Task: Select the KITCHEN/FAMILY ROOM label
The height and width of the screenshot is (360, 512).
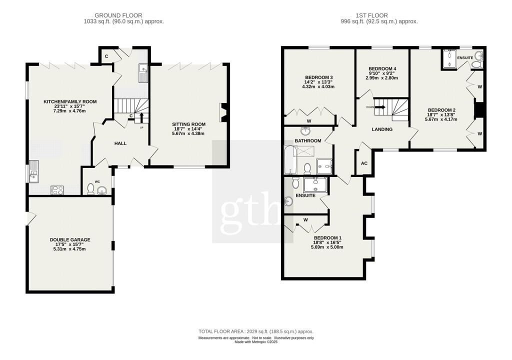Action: click(x=69, y=102)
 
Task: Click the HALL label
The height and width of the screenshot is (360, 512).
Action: click(x=120, y=143)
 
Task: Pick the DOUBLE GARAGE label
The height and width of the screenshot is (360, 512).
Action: click(x=69, y=240)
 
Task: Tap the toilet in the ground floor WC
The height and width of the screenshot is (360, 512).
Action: click(x=90, y=188)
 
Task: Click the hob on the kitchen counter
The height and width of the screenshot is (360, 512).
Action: click(x=57, y=190)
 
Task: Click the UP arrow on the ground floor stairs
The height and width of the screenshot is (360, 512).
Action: click(x=141, y=117)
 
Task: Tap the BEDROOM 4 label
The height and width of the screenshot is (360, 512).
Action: click(x=382, y=68)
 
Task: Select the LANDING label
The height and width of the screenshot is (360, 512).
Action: click(x=382, y=129)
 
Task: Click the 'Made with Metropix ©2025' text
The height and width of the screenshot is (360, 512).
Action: click(x=255, y=342)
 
